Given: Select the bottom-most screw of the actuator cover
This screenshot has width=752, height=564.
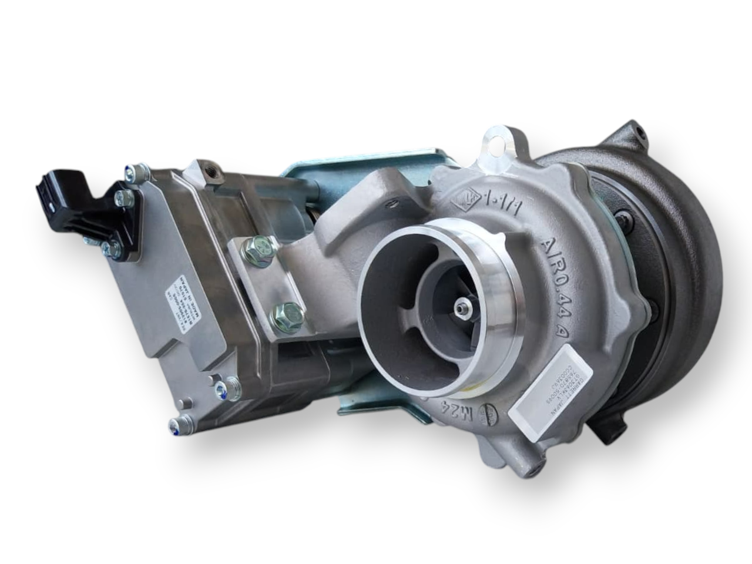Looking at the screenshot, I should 182,423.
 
